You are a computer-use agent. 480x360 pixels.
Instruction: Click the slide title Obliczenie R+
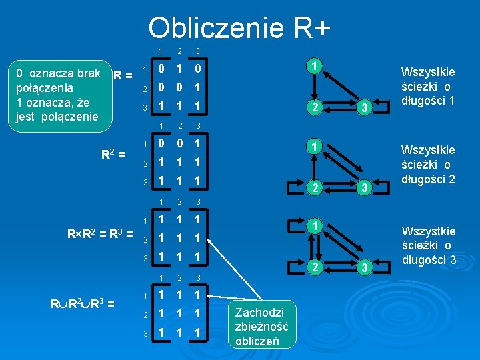(x=239, y=28)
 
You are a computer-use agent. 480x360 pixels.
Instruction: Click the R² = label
(x=113, y=155)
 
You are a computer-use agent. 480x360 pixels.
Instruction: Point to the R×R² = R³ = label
(x=100, y=233)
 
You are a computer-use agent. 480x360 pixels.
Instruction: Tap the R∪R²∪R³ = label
(x=83, y=304)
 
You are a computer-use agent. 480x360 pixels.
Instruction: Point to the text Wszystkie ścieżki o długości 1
(x=427, y=86)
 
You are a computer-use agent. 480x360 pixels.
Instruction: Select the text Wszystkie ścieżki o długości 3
(x=427, y=245)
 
